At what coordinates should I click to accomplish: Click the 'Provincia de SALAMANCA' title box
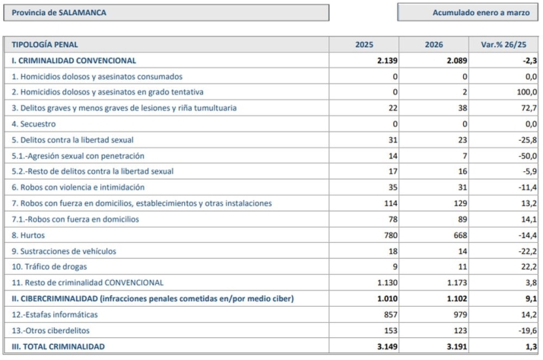click(x=167, y=13)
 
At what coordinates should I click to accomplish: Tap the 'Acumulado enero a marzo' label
click(x=481, y=13)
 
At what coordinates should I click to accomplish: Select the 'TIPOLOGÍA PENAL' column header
click(x=45, y=45)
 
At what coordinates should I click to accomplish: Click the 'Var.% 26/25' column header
click(x=503, y=45)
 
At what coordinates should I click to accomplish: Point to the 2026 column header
click(x=434, y=45)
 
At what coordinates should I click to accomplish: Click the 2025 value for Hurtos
click(x=391, y=235)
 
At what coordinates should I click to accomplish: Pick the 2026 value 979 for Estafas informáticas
click(x=460, y=314)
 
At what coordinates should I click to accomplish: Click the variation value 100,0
click(x=526, y=92)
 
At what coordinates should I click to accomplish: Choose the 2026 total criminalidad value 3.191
click(x=457, y=346)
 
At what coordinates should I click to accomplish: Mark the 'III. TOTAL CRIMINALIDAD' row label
click(x=58, y=346)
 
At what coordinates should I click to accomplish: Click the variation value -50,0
click(x=528, y=156)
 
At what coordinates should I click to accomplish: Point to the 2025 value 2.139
click(x=387, y=61)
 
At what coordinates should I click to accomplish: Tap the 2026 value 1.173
click(x=457, y=282)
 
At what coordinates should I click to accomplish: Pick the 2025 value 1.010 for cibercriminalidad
click(x=387, y=298)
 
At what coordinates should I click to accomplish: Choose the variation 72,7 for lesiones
click(x=529, y=108)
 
